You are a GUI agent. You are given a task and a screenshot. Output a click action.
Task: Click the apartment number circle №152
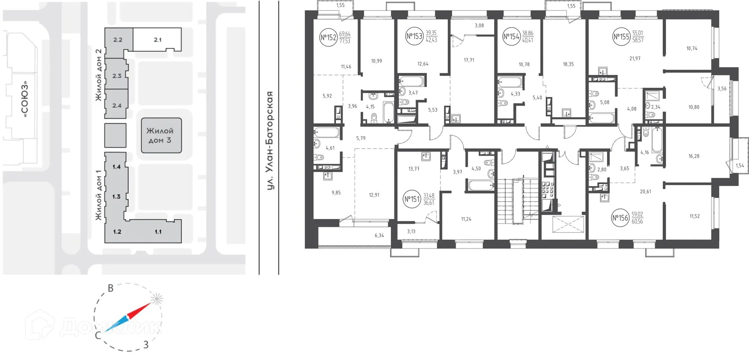pos(328,37)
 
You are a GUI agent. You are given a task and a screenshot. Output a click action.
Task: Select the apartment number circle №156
pos(620,218)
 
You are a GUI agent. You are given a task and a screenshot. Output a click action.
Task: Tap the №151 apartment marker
pos(412,199)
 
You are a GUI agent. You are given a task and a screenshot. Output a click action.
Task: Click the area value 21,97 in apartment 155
pos(635,59)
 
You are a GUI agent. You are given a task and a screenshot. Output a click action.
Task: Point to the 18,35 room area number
pos(568,64)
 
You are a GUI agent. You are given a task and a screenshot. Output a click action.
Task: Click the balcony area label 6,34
pos(379,236)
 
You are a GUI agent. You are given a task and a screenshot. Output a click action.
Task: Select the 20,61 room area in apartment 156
pos(645,192)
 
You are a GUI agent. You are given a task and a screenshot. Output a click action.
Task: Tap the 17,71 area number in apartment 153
pos(469,60)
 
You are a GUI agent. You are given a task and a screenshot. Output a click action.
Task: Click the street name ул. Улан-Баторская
pos(269,140)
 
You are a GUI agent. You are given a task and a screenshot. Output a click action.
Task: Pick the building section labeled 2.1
pos(158,39)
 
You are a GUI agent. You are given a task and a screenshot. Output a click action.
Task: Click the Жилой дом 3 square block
pos(161,135)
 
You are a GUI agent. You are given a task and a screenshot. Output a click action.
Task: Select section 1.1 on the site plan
pos(158,232)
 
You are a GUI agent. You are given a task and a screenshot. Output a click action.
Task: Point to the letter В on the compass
pos(111,288)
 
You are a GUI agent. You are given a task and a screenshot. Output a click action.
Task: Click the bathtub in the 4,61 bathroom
pos(327,133)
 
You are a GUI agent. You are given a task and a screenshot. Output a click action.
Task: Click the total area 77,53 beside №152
pos(344,41)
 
